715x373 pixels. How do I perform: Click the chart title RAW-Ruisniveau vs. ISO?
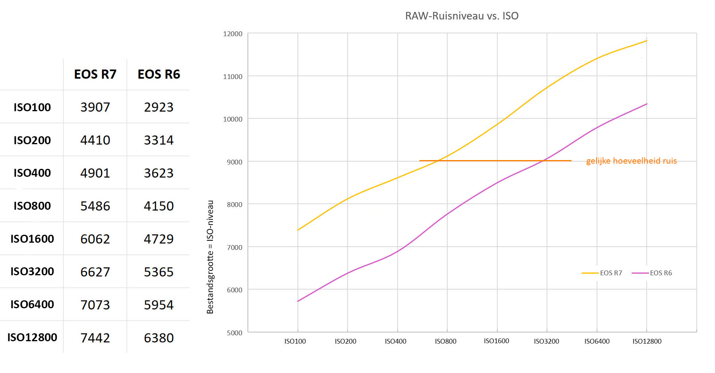pyautogui.click(x=462, y=16)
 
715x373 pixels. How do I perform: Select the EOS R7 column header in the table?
pyautogui.click(x=95, y=74)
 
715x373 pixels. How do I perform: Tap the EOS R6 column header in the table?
pyautogui.click(x=159, y=74)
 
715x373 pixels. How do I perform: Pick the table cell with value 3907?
pyautogui.click(x=95, y=107)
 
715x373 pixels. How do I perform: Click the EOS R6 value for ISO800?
pyautogui.click(x=159, y=206)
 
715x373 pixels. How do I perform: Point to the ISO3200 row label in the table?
pyautogui.click(x=32, y=271)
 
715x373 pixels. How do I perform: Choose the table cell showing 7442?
pyautogui.click(x=95, y=338)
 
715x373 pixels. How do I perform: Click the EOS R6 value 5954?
pyautogui.click(x=159, y=305)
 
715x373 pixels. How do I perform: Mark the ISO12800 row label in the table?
pyautogui.click(x=32, y=337)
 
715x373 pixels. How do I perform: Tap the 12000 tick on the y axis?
pyautogui.click(x=233, y=34)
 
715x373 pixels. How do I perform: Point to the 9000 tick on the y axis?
pyautogui.click(x=234, y=162)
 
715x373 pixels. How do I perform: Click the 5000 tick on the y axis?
pyautogui.click(x=234, y=333)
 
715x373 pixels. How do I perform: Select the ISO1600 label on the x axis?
pyautogui.click(x=497, y=341)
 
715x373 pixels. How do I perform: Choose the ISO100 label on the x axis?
pyautogui.click(x=295, y=341)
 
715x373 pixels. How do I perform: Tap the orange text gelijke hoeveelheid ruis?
pyautogui.click(x=632, y=161)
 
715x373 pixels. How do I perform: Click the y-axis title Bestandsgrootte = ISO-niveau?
pyautogui.click(x=210, y=257)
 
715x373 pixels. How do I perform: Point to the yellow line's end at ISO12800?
pyautogui.click(x=647, y=41)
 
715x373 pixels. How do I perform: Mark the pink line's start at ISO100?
pyautogui.click(x=298, y=301)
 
